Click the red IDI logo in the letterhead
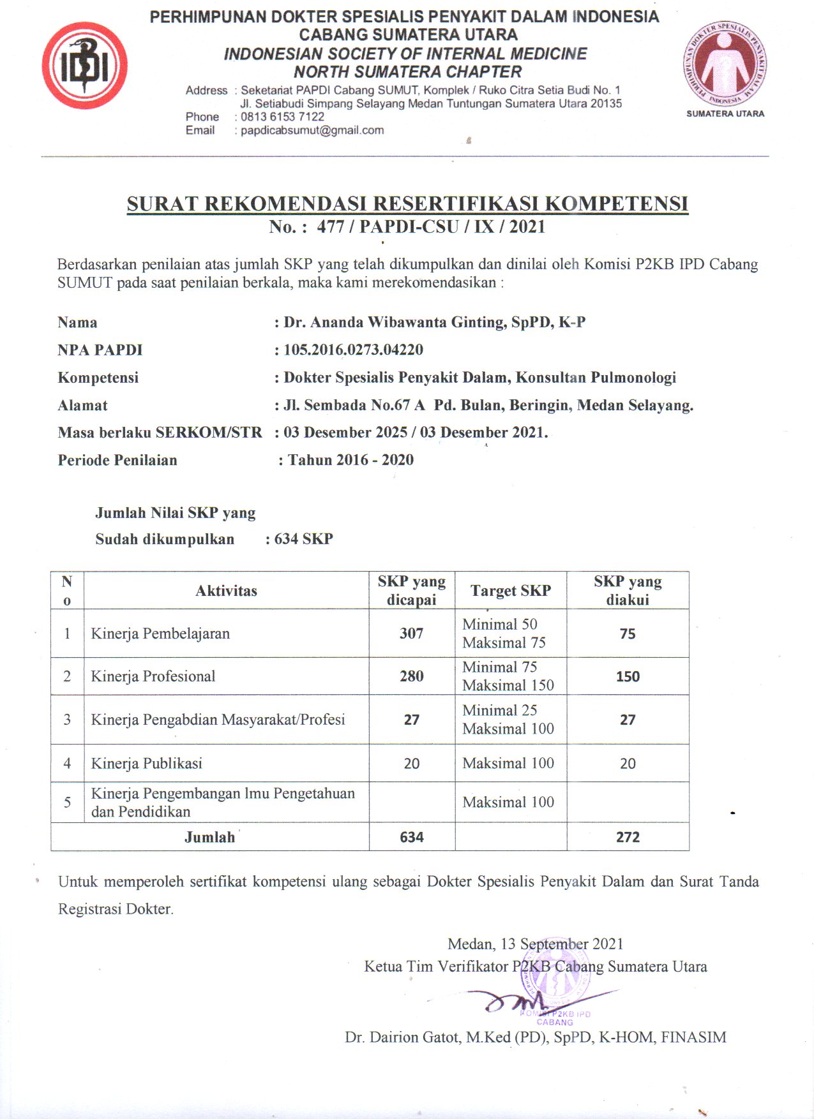coord(84,66)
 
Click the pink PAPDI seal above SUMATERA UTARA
coord(725,66)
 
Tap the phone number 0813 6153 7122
coord(282,117)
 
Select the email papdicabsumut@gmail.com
coord(312,130)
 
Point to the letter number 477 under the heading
coord(330,226)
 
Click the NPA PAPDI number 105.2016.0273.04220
coord(353,350)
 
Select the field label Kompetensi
coord(98,378)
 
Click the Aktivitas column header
coord(226,591)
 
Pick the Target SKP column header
coord(510,591)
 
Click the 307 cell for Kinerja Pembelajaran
coord(411,634)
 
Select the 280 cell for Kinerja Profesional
coord(411,676)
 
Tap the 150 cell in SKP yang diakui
coord(628,676)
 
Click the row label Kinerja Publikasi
coord(146,764)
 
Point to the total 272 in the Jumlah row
coord(628,837)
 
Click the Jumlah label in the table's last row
coord(209,837)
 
